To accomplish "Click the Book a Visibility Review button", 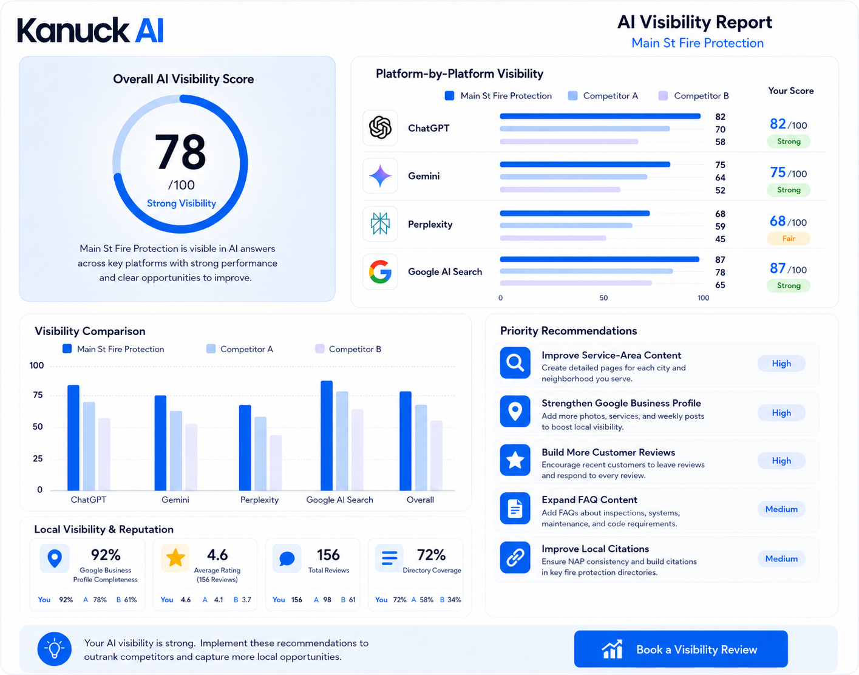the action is pyautogui.click(x=681, y=649).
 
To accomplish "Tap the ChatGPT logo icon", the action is pyautogui.click(x=380, y=127).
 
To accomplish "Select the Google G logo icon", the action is pyautogui.click(x=380, y=271).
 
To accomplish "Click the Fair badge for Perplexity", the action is pyautogui.click(x=788, y=239).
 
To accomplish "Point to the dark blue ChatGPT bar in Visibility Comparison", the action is pyautogui.click(x=73, y=438).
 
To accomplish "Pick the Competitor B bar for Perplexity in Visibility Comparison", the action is pyautogui.click(x=276, y=463).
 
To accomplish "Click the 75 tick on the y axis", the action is pyautogui.click(x=38, y=395).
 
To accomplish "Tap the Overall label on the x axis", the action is pyautogui.click(x=420, y=500).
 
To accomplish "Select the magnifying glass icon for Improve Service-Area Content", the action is pyautogui.click(x=515, y=362).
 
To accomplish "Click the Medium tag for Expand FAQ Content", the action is pyautogui.click(x=781, y=509).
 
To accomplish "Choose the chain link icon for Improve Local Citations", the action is pyautogui.click(x=515, y=557).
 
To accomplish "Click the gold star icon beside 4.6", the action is pyautogui.click(x=175, y=557).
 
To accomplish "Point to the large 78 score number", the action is pyautogui.click(x=180, y=151).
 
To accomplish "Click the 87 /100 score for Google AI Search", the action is pyautogui.click(x=788, y=269).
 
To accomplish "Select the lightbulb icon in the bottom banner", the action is pyautogui.click(x=55, y=649).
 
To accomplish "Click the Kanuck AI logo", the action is pyautogui.click(x=90, y=30).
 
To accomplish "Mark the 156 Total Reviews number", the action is pyautogui.click(x=328, y=555).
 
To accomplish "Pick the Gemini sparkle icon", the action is pyautogui.click(x=380, y=176).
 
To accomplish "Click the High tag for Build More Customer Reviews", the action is pyautogui.click(x=781, y=461).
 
